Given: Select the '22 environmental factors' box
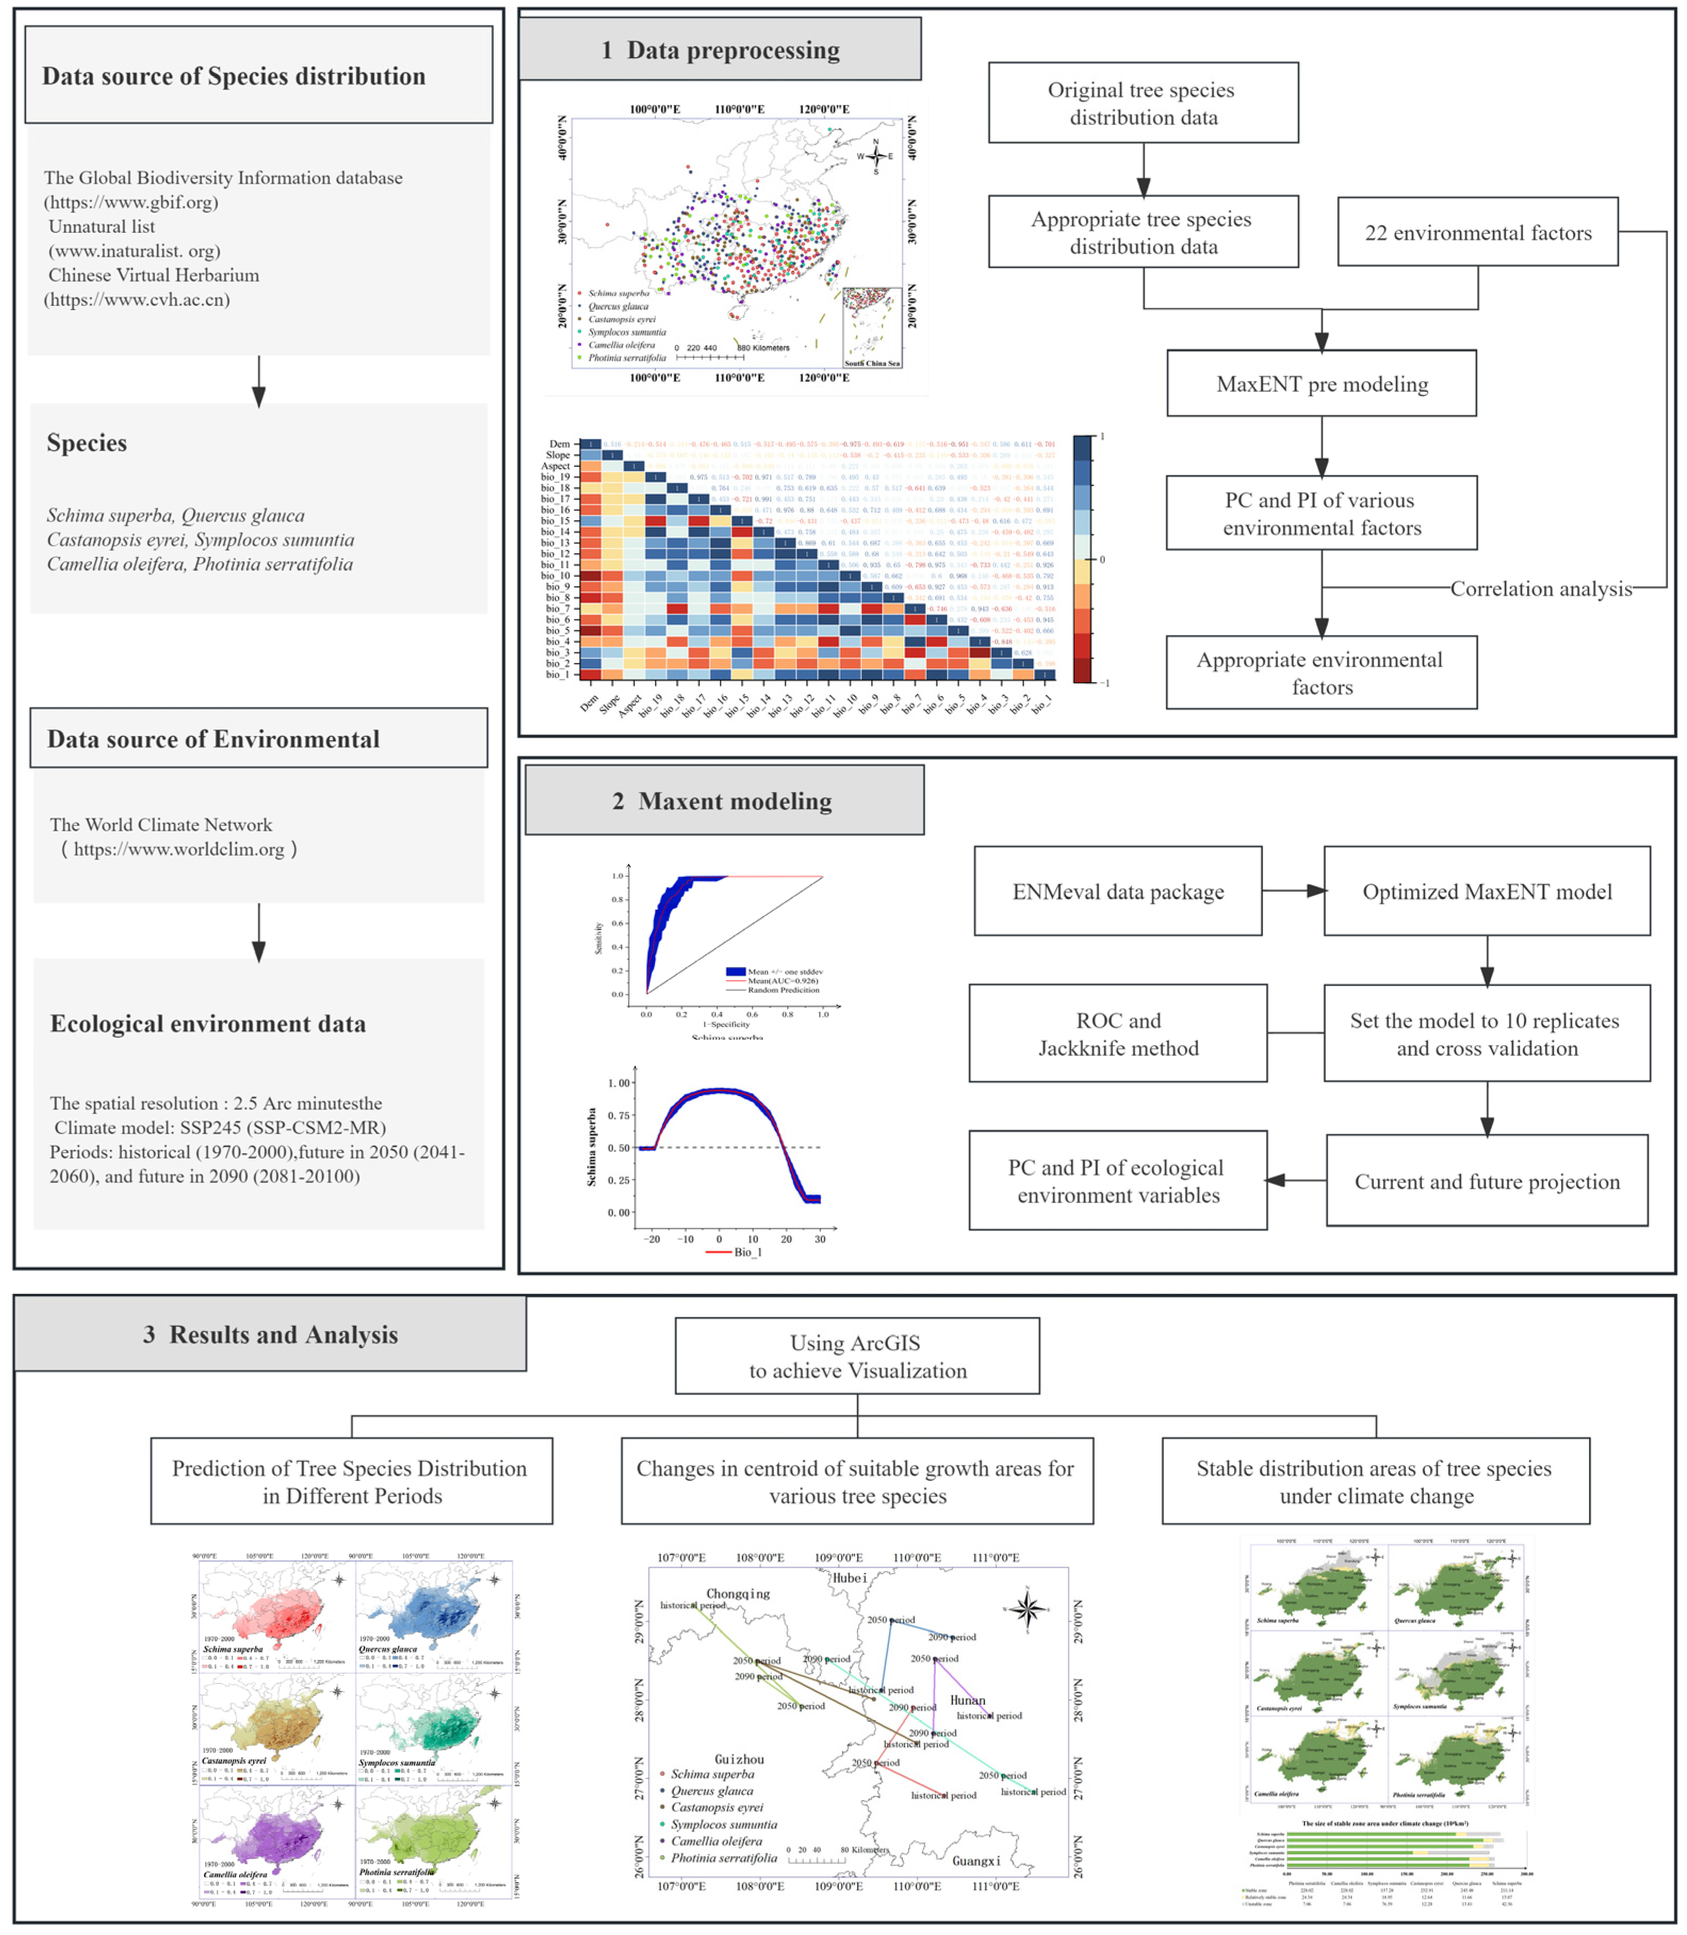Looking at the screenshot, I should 1477,232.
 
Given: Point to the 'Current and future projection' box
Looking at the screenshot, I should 1487,1181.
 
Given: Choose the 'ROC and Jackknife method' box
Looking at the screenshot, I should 1118,1034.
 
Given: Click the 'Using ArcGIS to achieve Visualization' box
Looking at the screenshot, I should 857,1356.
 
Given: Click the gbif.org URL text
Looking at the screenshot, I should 131,201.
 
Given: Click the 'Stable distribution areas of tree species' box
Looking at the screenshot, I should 1374,1481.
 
